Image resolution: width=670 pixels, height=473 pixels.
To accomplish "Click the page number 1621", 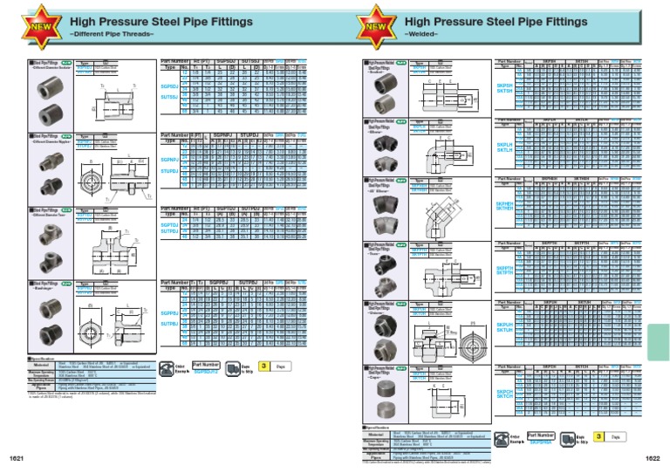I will [x=16, y=457].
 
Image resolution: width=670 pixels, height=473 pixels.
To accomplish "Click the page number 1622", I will [x=653, y=457].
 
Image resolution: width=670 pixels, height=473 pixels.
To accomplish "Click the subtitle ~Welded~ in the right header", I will [x=421, y=34].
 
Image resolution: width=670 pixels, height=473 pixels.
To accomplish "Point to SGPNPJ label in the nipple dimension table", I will [x=170, y=161].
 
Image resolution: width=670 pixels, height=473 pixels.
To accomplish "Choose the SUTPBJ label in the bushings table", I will [x=170, y=324].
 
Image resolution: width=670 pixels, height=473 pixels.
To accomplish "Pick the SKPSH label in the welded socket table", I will [x=504, y=86].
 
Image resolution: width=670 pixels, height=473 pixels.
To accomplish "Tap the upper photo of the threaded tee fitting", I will [x=42, y=230].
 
